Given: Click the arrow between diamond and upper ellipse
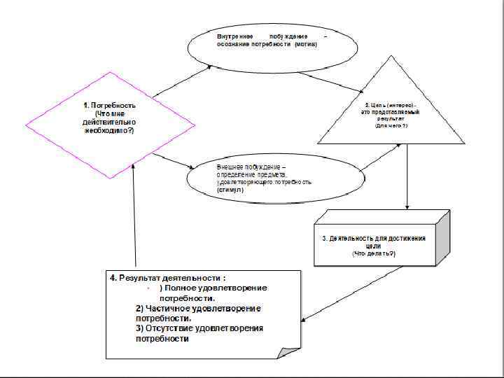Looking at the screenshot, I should [x=181, y=81].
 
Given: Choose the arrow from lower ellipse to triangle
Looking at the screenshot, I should [x=381, y=157].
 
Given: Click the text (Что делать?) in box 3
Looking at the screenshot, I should [x=373, y=254].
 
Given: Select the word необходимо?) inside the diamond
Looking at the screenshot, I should [x=104, y=132].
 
